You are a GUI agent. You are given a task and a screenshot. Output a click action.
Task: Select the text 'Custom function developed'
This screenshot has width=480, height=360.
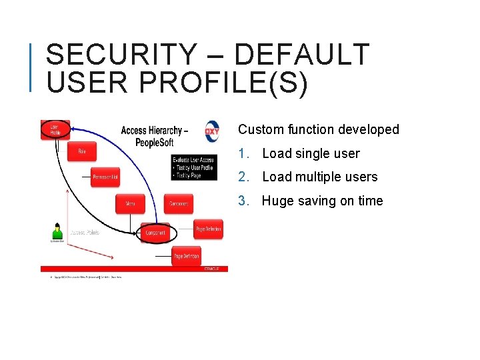pyautogui.click(x=318, y=129)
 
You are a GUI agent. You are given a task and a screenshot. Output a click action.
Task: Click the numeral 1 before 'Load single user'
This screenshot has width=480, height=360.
pyautogui.click(x=243, y=154)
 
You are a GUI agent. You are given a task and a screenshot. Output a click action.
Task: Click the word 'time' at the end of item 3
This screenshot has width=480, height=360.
pyautogui.click(x=369, y=201)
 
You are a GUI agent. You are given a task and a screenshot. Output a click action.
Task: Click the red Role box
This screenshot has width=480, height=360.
pyautogui.click(x=81, y=151)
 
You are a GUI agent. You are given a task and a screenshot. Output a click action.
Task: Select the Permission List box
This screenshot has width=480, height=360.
pyautogui.click(x=105, y=177)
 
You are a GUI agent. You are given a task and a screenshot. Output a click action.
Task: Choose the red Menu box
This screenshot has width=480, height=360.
pyautogui.click(x=131, y=203)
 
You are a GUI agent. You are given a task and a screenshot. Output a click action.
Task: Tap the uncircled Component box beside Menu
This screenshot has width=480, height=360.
pyautogui.click(x=179, y=203)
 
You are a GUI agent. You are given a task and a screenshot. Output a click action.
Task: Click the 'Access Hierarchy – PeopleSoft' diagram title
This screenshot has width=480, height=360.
pyautogui.click(x=154, y=136)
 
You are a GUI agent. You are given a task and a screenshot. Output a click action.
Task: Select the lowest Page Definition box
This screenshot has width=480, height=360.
pyautogui.click(x=186, y=256)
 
